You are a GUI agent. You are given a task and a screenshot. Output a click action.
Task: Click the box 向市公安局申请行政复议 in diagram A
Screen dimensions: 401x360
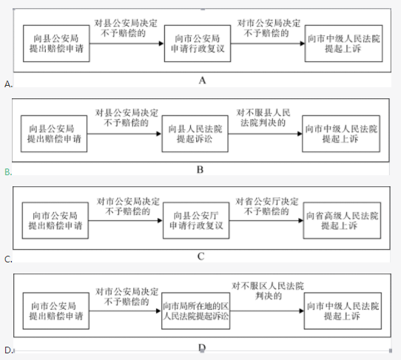click(198, 44)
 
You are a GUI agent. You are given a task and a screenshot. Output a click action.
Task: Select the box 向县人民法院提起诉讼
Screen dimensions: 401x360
click(195, 134)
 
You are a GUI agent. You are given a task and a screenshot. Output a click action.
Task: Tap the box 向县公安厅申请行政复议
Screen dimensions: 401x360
click(196, 220)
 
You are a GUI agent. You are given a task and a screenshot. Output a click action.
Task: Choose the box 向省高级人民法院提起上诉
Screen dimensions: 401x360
click(342, 220)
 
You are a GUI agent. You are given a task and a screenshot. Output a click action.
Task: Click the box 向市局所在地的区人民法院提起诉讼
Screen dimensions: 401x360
click(196, 311)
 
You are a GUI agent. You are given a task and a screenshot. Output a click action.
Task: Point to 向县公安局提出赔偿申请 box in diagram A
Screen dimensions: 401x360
click(56, 44)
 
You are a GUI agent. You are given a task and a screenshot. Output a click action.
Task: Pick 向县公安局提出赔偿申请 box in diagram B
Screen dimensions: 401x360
click(54, 134)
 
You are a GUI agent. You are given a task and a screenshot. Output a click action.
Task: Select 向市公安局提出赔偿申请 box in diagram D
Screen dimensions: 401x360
click(56, 311)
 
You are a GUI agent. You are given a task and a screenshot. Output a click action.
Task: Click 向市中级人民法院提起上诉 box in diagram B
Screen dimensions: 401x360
click(341, 134)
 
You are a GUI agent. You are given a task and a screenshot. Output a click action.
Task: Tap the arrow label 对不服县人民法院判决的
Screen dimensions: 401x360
click(263, 118)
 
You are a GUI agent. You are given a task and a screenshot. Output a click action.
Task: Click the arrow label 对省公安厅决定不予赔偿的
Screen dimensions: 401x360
click(267, 206)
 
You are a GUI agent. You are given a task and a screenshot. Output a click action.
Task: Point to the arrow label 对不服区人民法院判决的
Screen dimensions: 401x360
click(268, 291)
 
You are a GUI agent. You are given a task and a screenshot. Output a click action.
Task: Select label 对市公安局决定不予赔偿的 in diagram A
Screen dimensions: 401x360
click(269, 28)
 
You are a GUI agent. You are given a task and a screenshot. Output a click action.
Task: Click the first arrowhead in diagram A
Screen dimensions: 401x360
click(161, 44)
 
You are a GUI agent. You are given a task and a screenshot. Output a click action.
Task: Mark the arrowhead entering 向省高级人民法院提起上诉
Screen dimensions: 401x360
click(300, 220)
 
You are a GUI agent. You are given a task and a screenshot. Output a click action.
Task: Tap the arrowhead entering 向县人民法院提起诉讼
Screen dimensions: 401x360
click(159, 134)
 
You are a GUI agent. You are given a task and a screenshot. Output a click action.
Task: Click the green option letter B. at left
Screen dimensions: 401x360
click(8, 172)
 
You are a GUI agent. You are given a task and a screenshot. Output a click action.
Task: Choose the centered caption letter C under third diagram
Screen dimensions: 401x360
click(200, 257)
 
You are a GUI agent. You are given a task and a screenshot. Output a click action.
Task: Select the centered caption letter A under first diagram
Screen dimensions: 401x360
click(202, 81)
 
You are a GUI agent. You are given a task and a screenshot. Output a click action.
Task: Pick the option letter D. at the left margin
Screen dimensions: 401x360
click(8, 350)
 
